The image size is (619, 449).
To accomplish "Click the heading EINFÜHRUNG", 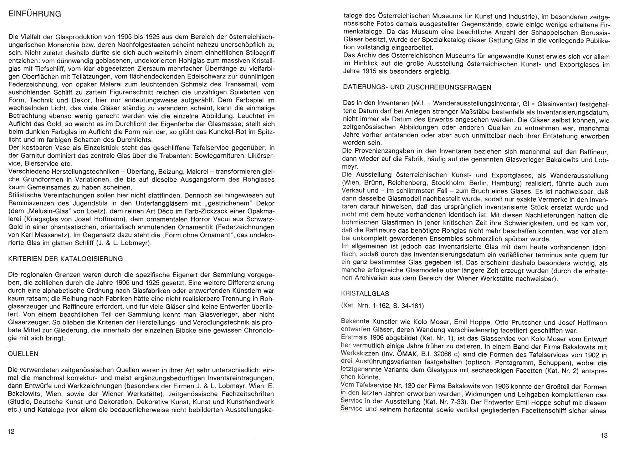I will pos(34,14).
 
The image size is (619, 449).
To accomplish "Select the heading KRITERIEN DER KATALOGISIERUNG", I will pos(65,259).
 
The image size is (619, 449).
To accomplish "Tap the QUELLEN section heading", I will pos(23,354).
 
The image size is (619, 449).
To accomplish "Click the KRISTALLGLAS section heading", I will pos(365,293).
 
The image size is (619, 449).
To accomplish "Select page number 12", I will pos(11,432).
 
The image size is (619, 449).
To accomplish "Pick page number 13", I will pos(604,435).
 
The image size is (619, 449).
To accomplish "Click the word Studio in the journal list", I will pos(19,402).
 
